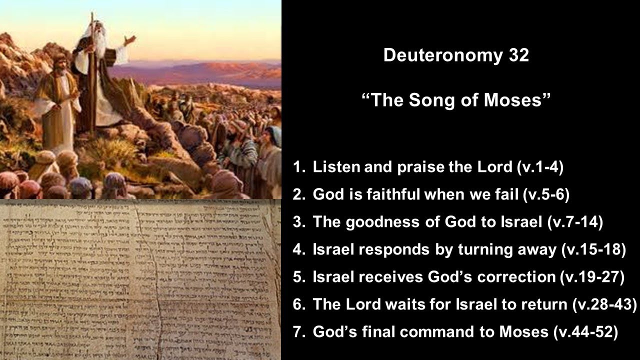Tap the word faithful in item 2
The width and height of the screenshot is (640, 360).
[x=390, y=195]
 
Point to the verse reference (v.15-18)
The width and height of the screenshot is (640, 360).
[x=593, y=249]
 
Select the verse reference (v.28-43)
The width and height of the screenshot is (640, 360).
[x=604, y=304]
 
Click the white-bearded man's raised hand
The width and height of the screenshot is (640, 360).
[x=130, y=39]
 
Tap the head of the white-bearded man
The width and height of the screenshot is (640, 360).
[x=95, y=31]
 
